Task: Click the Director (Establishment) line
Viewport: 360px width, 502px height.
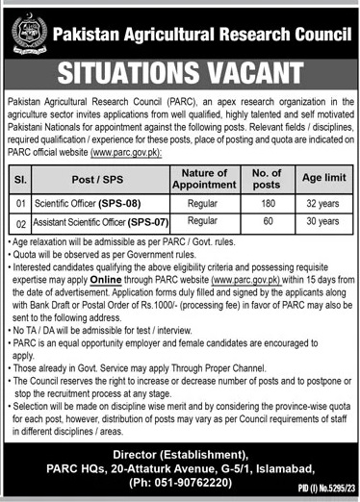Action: [x=179, y=444]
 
